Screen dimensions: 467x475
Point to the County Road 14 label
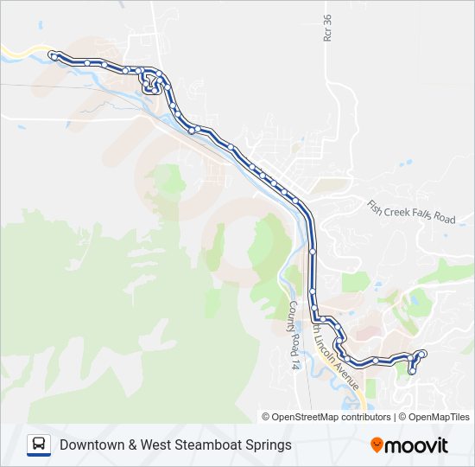point(294,336)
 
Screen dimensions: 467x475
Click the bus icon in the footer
point(39,445)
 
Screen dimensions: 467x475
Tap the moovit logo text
point(417,445)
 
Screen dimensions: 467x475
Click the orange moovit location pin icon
point(377,445)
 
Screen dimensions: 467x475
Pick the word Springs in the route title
point(269,445)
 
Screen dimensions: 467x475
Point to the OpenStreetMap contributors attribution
point(332,417)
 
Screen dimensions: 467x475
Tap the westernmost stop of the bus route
point(54,56)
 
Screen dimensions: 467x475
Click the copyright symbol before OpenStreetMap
point(267,417)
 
